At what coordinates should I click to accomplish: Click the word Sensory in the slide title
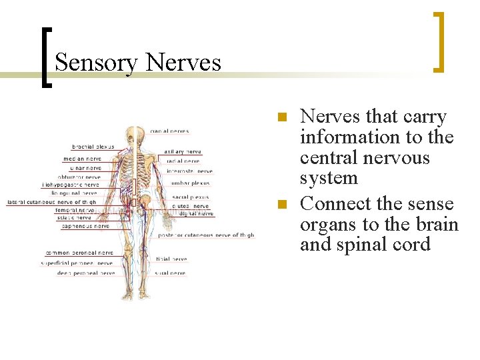coord(96,63)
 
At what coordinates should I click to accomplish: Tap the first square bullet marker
coord(282,117)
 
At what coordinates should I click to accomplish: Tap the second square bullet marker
coord(282,205)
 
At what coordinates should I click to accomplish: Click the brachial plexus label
coord(93,147)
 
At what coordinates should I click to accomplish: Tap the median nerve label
coord(82,159)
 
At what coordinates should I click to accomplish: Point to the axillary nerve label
coord(182,151)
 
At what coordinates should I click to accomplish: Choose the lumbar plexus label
coord(190,183)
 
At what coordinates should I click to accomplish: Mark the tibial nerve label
coord(171,259)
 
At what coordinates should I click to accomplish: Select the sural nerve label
coord(171,273)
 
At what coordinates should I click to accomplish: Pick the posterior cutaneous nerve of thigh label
coord(206,235)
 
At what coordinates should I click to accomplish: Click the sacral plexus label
coord(190,197)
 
